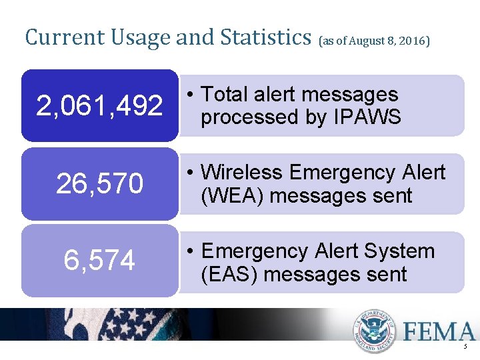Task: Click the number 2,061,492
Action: (99, 105)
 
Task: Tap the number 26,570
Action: (99, 184)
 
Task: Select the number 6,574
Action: (99, 260)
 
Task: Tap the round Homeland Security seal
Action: (375, 331)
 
